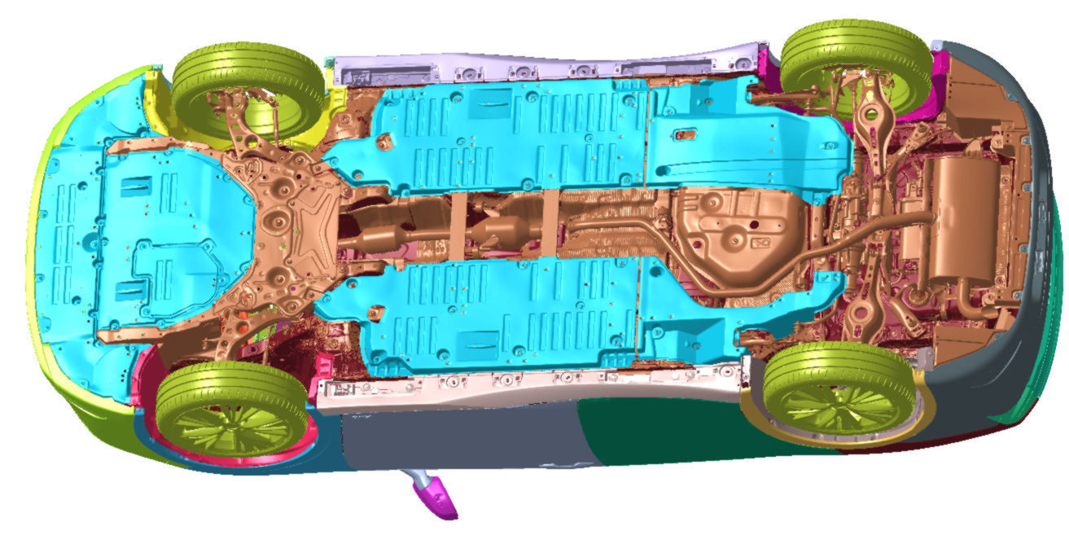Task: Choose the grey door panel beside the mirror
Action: pos(456,440)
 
